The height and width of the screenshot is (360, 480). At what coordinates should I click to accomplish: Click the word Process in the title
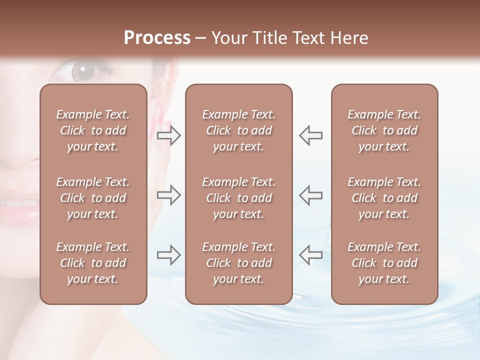pos(157,38)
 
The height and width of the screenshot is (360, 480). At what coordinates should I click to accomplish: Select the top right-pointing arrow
pos(169,135)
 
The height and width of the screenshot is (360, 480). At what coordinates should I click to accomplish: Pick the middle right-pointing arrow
pos(169,195)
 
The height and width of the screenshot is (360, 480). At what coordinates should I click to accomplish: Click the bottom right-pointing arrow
pos(169,255)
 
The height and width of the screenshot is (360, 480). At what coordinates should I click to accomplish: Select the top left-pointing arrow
pos(311,135)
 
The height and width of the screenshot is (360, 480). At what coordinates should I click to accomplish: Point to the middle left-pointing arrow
pos(311,195)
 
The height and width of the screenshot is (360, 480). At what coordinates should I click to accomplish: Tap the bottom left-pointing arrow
pos(311,255)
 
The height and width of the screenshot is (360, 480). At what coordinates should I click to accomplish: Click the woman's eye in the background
pos(81,70)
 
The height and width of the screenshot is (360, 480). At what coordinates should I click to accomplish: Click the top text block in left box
pos(93,130)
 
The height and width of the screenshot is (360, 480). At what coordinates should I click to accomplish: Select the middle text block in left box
pos(93,198)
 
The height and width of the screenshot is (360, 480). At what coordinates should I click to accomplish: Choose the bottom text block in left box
pos(93,263)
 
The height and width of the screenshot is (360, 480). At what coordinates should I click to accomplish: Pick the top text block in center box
pos(239,130)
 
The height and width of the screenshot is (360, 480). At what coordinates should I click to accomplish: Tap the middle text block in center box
pos(239,198)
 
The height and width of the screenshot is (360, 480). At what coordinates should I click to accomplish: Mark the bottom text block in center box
pos(239,263)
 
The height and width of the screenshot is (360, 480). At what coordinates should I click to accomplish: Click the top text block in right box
pos(384,130)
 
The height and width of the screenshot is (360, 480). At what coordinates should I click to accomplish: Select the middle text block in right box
pos(384,198)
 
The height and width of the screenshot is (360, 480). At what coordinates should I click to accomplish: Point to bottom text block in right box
pos(384,263)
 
